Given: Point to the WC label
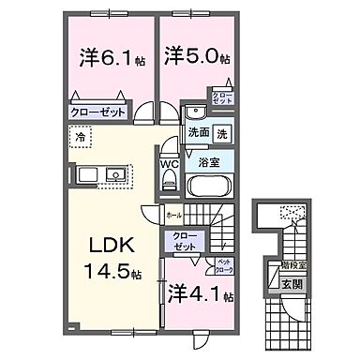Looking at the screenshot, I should pyautogui.click(x=170, y=163).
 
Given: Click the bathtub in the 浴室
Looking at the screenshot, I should pyautogui.click(x=207, y=187).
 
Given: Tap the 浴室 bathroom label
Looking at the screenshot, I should pyautogui.click(x=207, y=161).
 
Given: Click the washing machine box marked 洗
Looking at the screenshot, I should pyautogui.click(x=223, y=132).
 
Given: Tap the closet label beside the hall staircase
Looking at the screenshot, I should pyautogui.click(x=185, y=240).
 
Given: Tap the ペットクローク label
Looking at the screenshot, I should pyautogui.click(x=225, y=265).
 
